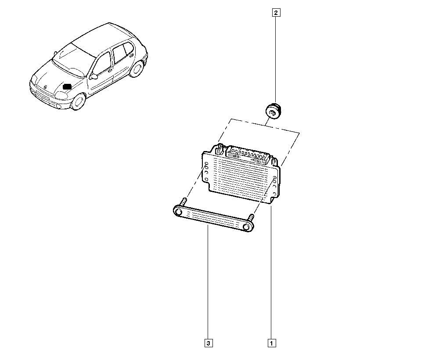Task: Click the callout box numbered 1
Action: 272,343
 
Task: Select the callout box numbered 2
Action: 276,13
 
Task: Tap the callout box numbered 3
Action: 209,343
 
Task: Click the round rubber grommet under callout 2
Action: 273,111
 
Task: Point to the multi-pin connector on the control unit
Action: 248,155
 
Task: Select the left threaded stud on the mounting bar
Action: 184,202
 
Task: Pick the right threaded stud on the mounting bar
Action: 252,217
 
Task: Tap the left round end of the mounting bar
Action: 178,211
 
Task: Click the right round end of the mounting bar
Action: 247,227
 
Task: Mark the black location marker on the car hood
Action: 67,86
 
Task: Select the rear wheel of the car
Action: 137,69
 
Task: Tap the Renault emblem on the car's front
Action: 45,87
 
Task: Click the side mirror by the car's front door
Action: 93,76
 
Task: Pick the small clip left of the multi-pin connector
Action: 219,150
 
